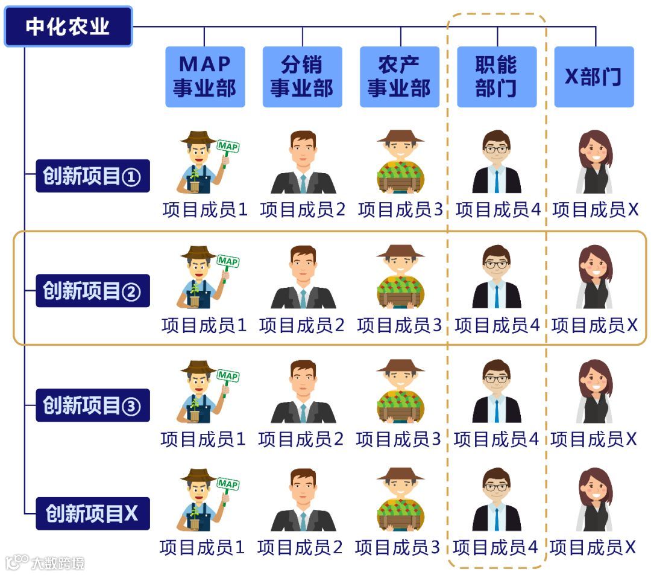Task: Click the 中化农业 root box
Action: (68, 27)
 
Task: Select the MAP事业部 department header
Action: (205, 77)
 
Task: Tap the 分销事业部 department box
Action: (302, 77)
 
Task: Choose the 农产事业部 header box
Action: (400, 77)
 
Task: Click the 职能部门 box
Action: (496, 77)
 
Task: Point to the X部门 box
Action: (594, 77)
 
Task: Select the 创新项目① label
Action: (92, 176)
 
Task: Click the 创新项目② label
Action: (92, 291)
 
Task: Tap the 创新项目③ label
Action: (92, 405)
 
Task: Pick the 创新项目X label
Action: (92, 513)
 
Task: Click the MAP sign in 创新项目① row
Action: (227, 147)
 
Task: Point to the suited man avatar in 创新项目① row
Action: (303, 162)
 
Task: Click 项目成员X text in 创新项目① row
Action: (595, 209)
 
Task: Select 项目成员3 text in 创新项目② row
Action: (400, 325)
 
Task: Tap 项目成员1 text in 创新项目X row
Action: (202, 547)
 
